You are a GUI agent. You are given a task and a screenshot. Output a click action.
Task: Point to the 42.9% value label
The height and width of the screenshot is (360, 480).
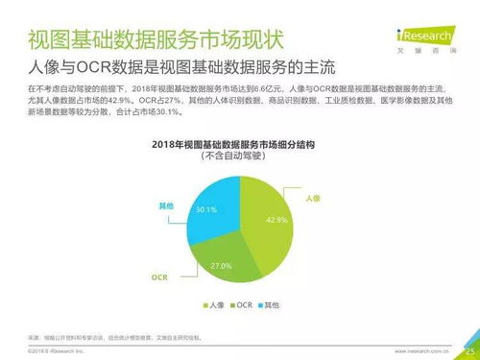[278, 220]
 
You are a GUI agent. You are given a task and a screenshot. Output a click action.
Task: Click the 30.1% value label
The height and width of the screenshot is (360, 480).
[205, 209]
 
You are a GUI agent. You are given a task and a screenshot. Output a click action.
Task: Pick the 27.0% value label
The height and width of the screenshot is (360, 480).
[221, 264]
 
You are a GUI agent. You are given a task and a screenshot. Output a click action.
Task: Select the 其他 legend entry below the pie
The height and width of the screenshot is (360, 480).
[274, 305]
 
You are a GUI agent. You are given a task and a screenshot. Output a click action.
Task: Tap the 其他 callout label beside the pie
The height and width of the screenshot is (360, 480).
[165, 205]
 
